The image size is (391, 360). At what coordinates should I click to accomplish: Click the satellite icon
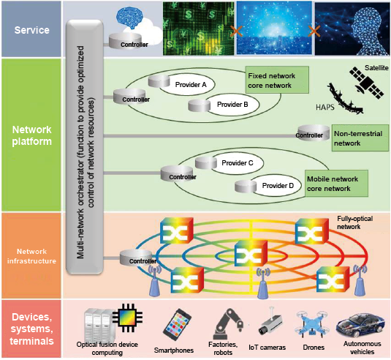367,83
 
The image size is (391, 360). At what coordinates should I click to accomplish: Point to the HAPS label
325,107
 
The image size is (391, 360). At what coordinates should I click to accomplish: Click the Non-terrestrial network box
360,138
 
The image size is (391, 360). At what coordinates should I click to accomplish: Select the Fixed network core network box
277,80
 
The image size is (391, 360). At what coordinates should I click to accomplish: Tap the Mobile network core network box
336,184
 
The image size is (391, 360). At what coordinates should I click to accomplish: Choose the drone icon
313,323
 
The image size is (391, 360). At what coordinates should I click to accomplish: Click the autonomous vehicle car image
360,326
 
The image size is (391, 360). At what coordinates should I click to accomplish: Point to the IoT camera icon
270,322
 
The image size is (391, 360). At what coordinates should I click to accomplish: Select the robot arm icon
228,323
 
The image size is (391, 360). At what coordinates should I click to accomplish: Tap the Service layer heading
31,30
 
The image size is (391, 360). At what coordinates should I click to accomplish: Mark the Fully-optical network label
355,222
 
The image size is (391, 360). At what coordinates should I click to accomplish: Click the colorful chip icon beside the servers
127,318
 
